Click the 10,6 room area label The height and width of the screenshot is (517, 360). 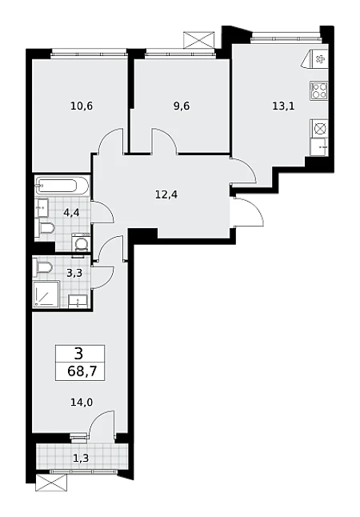(82, 106)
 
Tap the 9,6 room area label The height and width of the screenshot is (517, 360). (181, 106)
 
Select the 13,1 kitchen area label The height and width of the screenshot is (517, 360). (283, 106)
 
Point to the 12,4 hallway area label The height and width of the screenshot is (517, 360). (166, 194)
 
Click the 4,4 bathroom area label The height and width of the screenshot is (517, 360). (71, 213)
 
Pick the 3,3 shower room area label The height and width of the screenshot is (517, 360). (74, 273)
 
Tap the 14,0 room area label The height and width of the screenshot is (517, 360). (82, 402)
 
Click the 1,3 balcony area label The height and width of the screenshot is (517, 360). (81, 458)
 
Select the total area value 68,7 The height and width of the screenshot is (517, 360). (82, 371)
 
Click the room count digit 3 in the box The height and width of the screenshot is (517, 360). (79, 354)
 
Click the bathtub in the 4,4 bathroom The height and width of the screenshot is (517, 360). (62, 186)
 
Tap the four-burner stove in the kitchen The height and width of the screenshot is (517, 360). (319, 90)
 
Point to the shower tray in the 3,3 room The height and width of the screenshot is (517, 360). (46, 295)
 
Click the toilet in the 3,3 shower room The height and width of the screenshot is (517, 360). (42, 267)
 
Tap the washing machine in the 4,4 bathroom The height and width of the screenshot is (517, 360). (81, 242)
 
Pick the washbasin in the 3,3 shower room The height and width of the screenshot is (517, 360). (78, 302)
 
